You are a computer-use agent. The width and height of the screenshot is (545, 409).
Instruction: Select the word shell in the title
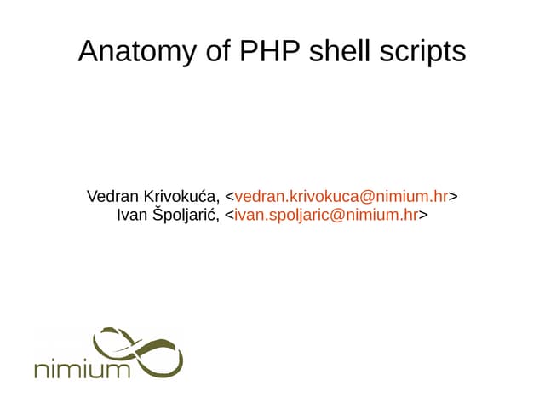[x=345, y=51]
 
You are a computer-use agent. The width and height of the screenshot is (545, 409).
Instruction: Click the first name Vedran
[x=113, y=197]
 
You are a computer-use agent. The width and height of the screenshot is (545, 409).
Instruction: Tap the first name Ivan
[x=131, y=215]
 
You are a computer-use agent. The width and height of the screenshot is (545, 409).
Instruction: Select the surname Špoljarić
[x=185, y=215]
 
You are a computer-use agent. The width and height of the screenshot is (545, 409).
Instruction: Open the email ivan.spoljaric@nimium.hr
[x=326, y=215]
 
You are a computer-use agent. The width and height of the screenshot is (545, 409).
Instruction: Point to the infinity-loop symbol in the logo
[x=141, y=350]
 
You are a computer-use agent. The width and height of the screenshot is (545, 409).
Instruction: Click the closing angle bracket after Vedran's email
[x=453, y=197]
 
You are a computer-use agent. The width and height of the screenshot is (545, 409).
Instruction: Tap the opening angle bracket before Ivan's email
[x=229, y=215]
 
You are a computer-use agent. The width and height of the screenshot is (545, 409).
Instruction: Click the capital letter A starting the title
[x=88, y=51]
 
